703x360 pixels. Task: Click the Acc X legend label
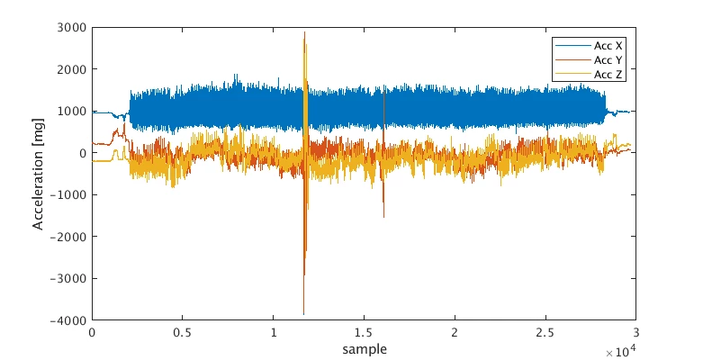[x=608, y=46]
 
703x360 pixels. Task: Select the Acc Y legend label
[x=608, y=60]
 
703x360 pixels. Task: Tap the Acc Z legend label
[x=608, y=75]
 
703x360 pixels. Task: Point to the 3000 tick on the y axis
[x=72, y=27]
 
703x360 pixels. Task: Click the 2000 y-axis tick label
[x=72, y=69]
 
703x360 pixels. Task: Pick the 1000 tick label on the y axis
[x=72, y=112]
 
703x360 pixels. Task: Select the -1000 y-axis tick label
[x=68, y=195]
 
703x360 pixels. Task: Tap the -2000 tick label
[x=68, y=237]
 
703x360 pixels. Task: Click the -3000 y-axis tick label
[x=68, y=278]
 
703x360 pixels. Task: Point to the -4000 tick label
[x=68, y=320]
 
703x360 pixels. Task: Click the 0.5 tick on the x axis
[x=183, y=333]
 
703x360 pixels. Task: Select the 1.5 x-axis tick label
[x=364, y=333]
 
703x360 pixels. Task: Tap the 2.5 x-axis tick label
[x=545, y=333]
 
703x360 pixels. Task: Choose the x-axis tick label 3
[x=636, y=333]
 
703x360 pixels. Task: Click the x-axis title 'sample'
[x=365, y=349]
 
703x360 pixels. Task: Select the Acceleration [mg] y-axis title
[x=39, y=174]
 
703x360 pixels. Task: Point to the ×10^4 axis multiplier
[x=620, y=352]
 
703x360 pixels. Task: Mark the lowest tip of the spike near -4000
[x=303, y=315]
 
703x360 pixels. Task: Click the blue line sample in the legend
[x=573, y=46]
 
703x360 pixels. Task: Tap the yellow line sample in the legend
[x=573, y=75]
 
